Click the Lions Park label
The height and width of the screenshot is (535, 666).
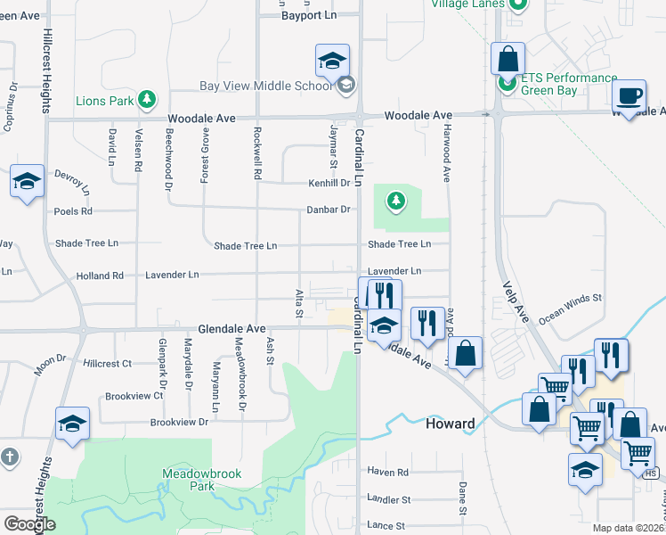(x=104, y=101)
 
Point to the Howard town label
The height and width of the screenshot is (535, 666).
(x=450, y=424)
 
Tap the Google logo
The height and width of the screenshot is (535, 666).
(x=29, y=524)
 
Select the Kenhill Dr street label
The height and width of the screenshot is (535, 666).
(x=329, y=183)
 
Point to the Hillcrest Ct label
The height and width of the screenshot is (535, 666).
(x=107, y=364)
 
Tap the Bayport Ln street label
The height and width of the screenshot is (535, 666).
(x=307, y=16)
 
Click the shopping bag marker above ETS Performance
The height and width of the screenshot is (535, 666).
(x=507, y=59)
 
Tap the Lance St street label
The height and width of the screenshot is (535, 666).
(x=387, y=526)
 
